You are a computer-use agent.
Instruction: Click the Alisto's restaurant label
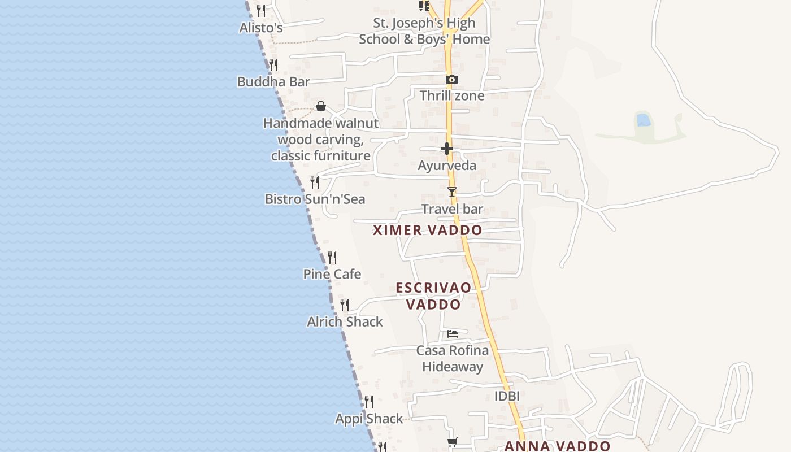261,27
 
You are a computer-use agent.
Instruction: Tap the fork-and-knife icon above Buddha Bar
273,65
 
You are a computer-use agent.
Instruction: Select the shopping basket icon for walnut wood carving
321,106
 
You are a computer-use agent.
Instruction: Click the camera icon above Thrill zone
451,80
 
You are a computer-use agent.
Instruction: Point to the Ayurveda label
447,166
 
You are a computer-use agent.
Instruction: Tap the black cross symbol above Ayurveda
447,149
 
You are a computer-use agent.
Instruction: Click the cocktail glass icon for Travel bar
451,192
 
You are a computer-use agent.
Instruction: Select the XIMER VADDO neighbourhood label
428,230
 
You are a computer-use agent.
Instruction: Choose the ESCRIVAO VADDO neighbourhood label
433,296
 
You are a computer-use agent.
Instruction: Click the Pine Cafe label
332,274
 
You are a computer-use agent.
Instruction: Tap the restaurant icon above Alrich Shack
345,305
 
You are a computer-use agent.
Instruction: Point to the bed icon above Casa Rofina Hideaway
452,334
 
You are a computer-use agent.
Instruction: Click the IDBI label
507,396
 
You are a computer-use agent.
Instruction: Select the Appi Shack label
369,419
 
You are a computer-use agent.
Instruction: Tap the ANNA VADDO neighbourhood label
557,446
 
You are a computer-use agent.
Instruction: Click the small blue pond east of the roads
643,120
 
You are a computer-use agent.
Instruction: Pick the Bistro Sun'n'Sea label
315,199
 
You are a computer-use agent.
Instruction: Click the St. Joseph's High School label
424,31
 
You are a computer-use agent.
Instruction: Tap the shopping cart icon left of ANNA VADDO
452,442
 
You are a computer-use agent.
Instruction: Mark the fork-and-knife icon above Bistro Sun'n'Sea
315,182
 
